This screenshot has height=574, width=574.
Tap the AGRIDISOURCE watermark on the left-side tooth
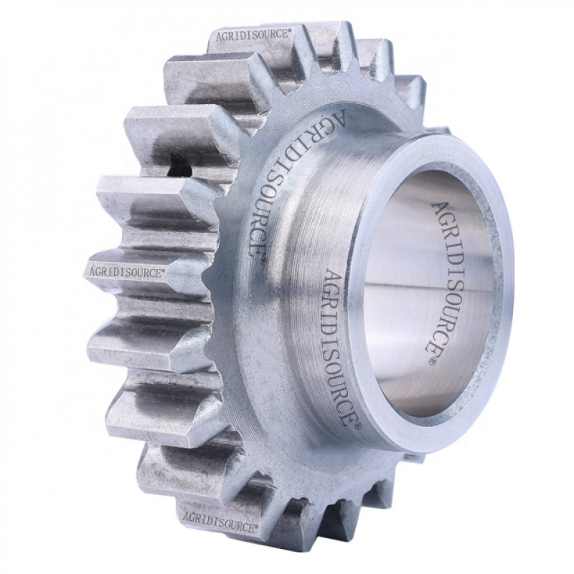point(126,272)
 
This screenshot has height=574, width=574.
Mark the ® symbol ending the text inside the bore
point(432,364)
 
